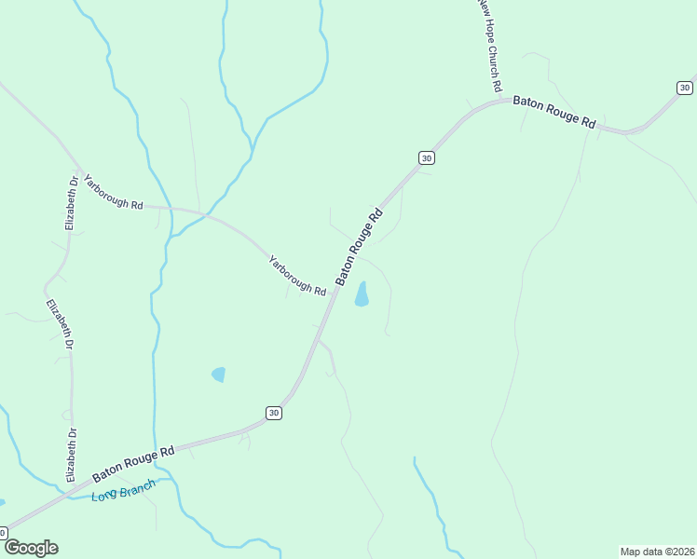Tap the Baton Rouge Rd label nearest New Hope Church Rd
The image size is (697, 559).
coord(553,111)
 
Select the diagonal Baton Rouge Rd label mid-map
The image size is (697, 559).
coord(360,246)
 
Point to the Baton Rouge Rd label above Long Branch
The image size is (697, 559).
coord(133,463)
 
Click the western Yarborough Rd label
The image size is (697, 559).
coord(113,192)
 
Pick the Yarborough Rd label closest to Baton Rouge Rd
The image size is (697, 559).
coord(297,276)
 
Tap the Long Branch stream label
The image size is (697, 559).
coord(124,490)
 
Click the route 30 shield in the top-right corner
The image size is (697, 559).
coord(685,88)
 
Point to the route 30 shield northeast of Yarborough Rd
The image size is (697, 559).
coord(426,158)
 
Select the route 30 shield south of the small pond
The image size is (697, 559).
coord(273,413)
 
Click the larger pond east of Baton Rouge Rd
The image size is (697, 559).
coord(362,294)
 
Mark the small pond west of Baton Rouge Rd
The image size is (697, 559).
coord(219,375)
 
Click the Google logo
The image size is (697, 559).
coord(30,548)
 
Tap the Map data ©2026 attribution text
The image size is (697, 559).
coord(658,552)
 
